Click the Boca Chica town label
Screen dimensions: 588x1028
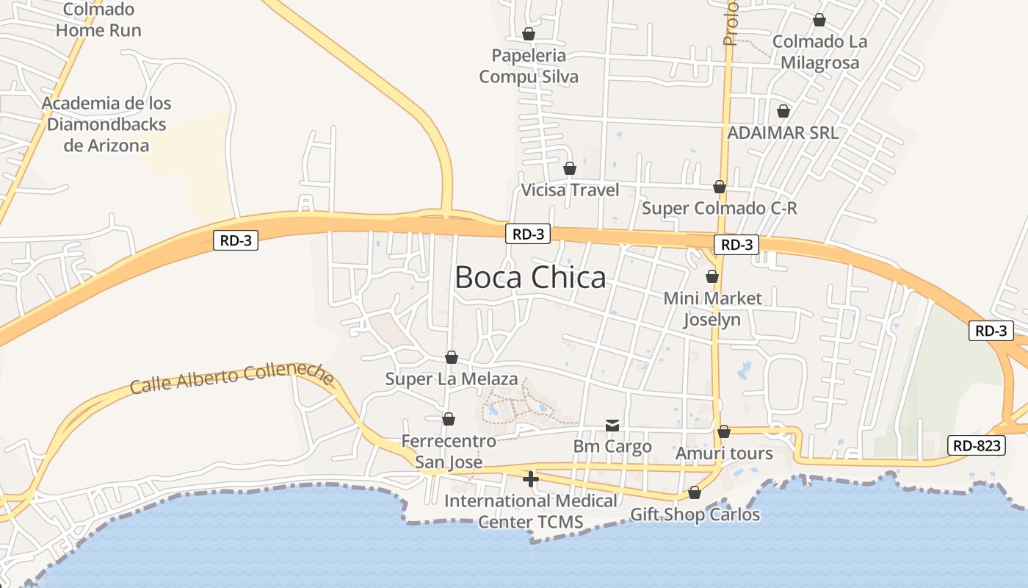[530, 278]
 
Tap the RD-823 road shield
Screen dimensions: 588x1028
[976, 445]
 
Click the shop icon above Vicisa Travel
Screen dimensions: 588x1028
[570, 169]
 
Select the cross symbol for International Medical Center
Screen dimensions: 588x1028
[530, 479]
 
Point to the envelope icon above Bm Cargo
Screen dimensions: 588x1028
[612, 426]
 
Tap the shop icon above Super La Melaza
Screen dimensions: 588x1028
[452, 357]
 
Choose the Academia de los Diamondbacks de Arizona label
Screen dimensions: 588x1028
[106, 124]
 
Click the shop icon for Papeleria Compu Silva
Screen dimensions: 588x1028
[529, 34]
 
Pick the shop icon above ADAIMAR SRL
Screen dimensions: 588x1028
[783, 112]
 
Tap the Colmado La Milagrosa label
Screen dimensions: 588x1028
[819, 52]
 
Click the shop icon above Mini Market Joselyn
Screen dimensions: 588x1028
[712, 277]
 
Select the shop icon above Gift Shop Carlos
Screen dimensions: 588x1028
[695, 492]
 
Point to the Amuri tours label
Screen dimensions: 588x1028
[724, 453]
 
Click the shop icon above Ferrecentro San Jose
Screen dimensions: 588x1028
[449, 419]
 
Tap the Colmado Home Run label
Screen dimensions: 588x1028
[98, 20]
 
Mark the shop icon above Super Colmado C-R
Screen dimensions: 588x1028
[720, 187]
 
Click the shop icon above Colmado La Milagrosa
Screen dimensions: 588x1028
[819, 20]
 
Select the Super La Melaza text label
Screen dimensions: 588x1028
[452, 379]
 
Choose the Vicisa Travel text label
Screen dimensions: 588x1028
[570, 190]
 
